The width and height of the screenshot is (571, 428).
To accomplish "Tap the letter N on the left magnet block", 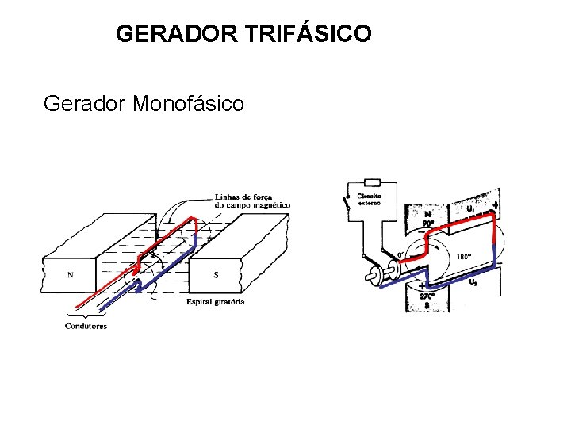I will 71,275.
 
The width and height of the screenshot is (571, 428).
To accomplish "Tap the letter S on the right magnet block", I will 217,275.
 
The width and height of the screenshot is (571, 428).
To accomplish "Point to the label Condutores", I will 86,326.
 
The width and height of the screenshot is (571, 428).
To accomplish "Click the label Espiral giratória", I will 216,301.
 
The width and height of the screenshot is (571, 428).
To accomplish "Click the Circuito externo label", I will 370,198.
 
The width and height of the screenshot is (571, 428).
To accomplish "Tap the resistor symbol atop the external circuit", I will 371,181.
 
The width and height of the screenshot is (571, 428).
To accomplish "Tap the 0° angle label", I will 402,255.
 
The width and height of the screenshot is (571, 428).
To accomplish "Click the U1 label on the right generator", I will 470,208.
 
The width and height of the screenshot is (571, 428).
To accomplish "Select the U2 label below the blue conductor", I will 473,282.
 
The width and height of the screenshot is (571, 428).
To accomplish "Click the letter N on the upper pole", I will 427,212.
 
